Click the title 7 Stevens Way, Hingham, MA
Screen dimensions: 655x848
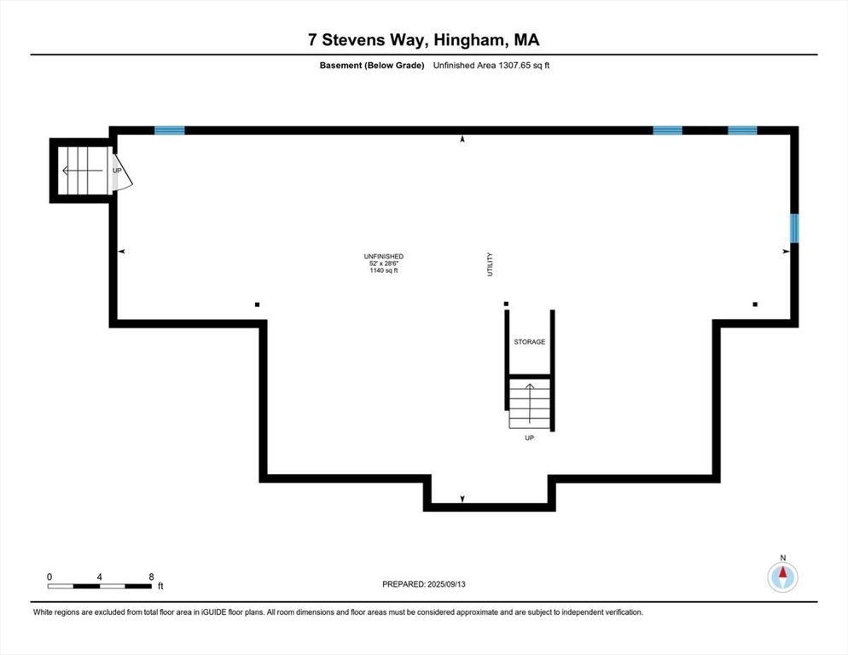tap(424, 39)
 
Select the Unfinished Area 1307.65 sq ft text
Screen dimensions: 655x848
tap(491, 65)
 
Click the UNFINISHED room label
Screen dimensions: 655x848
tap(382, 256)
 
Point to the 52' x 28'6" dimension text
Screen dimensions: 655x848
tap(382, 264)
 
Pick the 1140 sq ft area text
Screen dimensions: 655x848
tap(382, 271)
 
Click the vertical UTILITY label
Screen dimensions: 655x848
tap(491, 264)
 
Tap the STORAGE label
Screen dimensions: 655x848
tap(529, 342)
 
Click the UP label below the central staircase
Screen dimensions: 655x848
tap(529, 438)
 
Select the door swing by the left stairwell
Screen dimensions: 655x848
tap(119, 171)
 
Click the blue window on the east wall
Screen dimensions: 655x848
tap(794, 228)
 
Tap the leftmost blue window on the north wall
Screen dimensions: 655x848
tap(170, 130)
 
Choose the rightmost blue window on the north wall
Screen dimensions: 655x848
tap(741, 130)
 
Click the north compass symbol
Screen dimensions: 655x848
tap(782, 576)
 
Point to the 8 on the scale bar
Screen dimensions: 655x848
tap(151, 577)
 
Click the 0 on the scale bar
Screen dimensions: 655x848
tap(49, 577)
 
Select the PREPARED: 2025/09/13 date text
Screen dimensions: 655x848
tap(424, 584)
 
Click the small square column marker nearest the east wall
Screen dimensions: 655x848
tap(755, 304)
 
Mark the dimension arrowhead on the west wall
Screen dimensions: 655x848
tap(122, 252)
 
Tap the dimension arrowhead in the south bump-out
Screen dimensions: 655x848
tap(462, 498)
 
